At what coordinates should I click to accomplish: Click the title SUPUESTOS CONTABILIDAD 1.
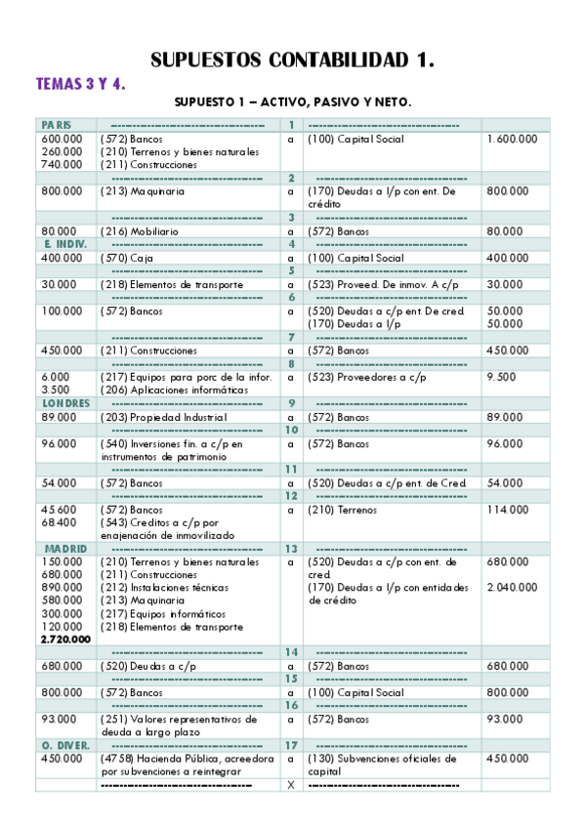(x=292, y=61)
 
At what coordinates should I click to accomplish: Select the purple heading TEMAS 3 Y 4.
(x=80, y=84)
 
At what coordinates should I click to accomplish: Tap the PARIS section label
(x=55, y=125)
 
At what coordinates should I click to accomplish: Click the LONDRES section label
(x=65, y=403)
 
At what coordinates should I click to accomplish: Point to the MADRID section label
(x=63, y=549)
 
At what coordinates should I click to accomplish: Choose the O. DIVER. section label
(x=65, y=745)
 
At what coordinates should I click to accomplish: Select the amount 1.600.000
(x=511, y=139)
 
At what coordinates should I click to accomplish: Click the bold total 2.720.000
(x=65, y=639)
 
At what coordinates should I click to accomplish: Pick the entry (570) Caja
(x=127, y=258)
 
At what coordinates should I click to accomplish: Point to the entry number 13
(x=291, y=549)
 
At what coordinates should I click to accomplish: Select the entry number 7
(x=291, y=337)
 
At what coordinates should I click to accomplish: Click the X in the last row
(x=290, y=785)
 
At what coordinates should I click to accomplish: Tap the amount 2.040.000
(x=511, y=588)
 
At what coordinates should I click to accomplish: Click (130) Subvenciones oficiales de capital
(x=382, y=765)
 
